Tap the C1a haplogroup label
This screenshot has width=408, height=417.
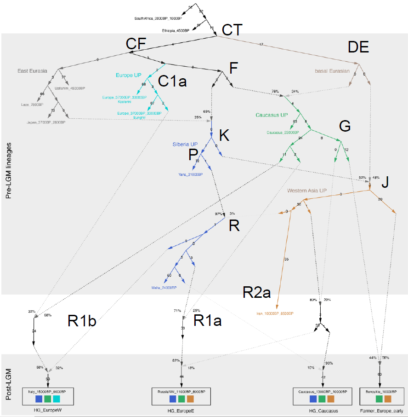click(172, 81)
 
